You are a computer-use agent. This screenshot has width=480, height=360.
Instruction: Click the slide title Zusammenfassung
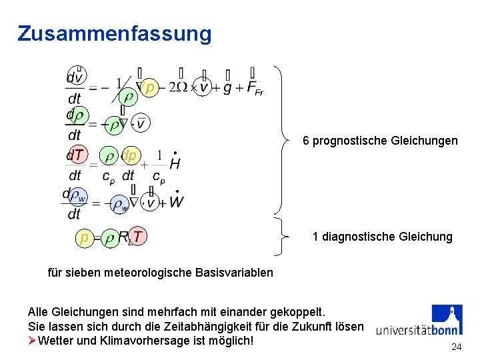[x=115, y=33]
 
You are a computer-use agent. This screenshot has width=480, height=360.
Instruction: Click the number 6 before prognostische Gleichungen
[x=306, y=141]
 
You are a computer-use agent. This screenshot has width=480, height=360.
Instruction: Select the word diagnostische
[x=359, y=237]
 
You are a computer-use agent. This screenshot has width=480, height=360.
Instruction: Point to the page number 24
[x=456, y=347]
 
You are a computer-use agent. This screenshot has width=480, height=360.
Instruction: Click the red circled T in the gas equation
[x=137, y=236]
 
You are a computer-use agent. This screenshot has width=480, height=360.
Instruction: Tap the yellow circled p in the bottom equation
[x=84, y=237]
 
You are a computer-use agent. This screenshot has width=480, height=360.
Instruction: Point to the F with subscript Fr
[x=254, y=88]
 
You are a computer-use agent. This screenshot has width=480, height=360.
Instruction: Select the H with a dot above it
[x=175, y=162]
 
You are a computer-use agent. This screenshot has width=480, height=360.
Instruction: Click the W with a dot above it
[x=176, y=201]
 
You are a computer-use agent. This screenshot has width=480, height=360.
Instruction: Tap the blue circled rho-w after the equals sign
[x=120, y=204]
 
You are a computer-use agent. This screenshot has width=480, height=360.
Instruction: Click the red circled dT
[x=77, y=155]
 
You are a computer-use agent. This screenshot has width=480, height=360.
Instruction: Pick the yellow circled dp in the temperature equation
[x=129, y=155]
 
